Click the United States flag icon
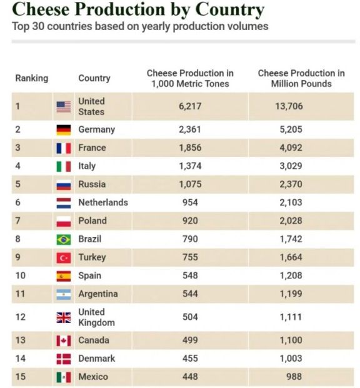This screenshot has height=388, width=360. (x=64, y=106)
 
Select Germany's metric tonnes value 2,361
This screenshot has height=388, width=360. (x=190, y=130)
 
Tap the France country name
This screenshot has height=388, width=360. (x=92, y=148)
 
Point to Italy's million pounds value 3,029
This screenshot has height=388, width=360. (x=291, y=166)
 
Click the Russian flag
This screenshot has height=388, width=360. (x=64, y=185)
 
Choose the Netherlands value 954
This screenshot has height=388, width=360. (x=190, y=202)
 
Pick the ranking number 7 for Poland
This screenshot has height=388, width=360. (x=17, y=220)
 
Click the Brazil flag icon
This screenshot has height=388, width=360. (x=64, y=240)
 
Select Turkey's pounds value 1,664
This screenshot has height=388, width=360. (x=291, y=257)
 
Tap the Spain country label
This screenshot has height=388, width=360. (x=90, y=275)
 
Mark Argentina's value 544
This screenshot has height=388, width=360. (x=190, y=294)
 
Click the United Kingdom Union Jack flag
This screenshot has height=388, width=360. (x=64, y=317)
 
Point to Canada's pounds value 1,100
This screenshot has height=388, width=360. (x=291, y=340)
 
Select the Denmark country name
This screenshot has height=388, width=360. (x=97, y=359)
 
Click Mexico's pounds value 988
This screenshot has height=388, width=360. (x=294, y=377)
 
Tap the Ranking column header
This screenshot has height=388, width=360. (x=32, y=78)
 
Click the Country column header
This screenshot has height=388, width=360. (x=94, y=78)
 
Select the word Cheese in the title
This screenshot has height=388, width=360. (x=41, y=9)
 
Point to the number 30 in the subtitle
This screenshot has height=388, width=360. (x=37, y=26)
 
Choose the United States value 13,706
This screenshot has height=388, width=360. (x=289, y=106)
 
